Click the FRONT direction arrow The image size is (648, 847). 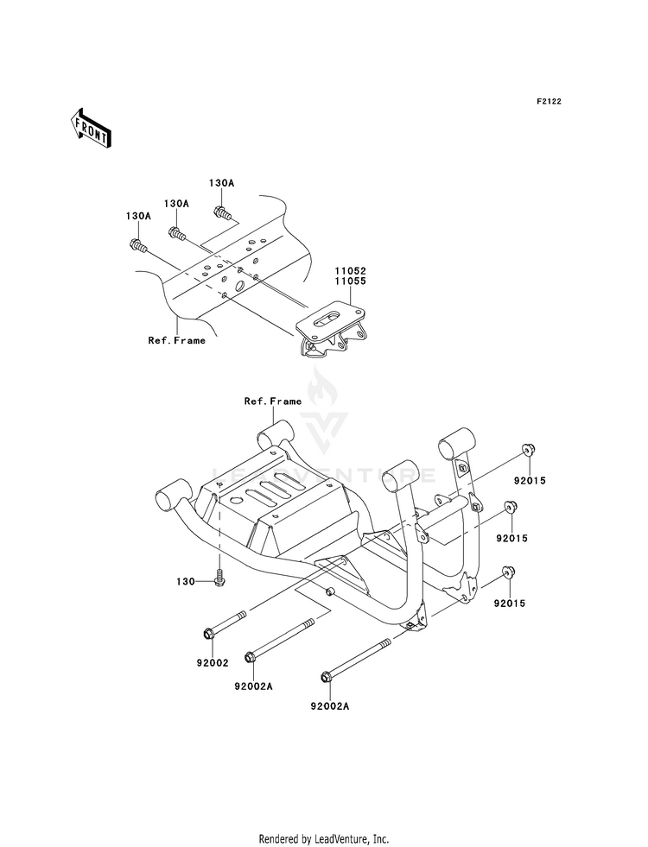[x=90, y=128]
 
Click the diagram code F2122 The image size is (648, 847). [x=549, y=101]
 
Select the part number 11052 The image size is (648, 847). [x=350, y=271]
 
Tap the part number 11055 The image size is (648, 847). [x=350, y=281]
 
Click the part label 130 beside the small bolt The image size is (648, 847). [x=186, y=582]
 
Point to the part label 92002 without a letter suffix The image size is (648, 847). [x=213, y=663]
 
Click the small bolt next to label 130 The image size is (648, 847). [x=219, y=578]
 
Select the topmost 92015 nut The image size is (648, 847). [x=527, y=450]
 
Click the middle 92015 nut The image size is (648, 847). [x=510, y=507]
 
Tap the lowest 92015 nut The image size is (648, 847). [x=508, y=572]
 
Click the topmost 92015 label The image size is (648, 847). [x=530, y=480]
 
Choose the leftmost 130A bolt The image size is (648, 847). [x=138, y=246]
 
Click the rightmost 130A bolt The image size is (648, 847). [x=223, y=213]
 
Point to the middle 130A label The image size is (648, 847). [x=176, y=203]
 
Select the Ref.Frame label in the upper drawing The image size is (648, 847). [x=177, y=340]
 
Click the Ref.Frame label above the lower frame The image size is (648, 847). [x=273, y=401]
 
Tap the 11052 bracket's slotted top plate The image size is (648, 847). [x=330, y=318]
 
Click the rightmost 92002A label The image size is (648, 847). [x=330, y=705]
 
